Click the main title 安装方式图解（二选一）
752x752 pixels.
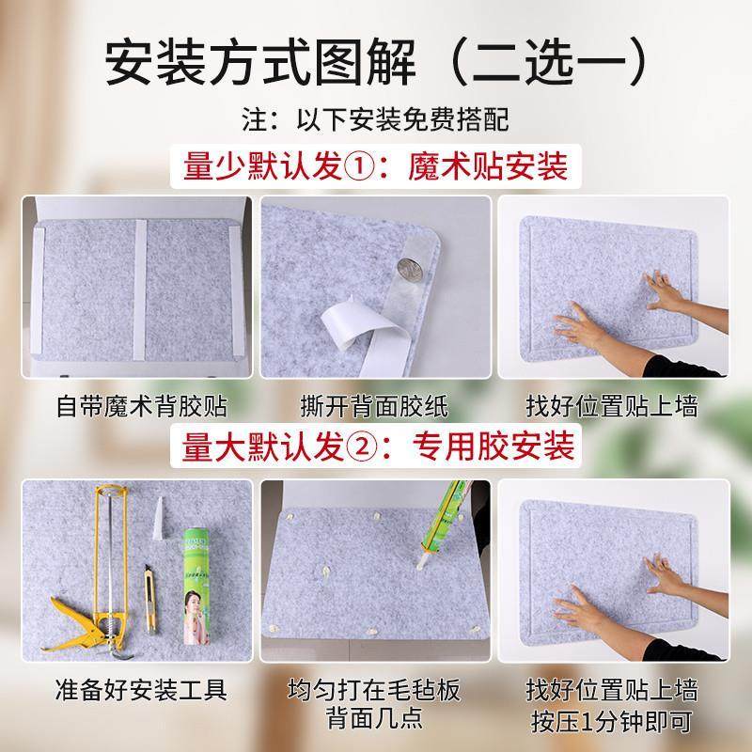pyautogui.click(x=376, y=61)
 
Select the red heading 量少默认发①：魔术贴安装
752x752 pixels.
pyautogui.click(x=376, y=169)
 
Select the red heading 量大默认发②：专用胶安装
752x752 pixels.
pyautogui.click(x=376, y=442)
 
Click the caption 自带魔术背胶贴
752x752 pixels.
pyautogui.click(x=138, y=406)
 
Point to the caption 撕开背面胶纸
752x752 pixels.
pyautogui.click(x=375, y=406)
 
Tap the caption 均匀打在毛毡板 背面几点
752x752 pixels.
pyautogui.click(x=375, y=706)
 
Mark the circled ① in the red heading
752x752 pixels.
pyautogui.click(x=364, y=170)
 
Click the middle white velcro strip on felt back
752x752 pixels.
pyautogui.click(x=139, y=287)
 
